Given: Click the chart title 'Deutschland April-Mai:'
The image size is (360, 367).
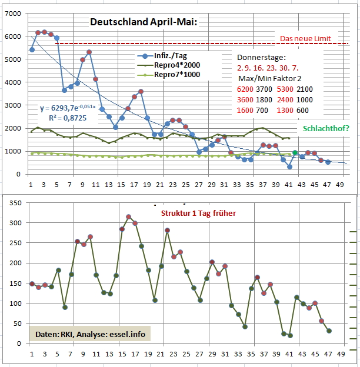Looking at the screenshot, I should pos(144,22).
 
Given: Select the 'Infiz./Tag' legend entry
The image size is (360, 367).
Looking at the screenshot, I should pos(171,56).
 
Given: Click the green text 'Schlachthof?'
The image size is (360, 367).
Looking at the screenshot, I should pos(326,128).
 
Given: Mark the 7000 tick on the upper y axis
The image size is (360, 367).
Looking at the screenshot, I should pos(12,14).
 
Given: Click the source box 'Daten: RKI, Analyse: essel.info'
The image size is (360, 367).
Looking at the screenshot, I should pos(88,334).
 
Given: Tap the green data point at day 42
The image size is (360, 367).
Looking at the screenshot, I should pos(295,153).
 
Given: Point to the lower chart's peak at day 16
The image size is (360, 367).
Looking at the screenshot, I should pos(129,217).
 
